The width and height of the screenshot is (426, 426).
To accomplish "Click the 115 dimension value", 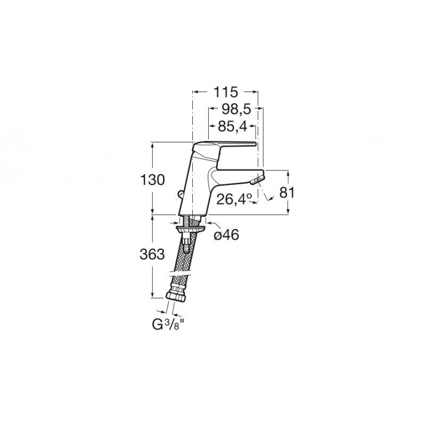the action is point(225,92).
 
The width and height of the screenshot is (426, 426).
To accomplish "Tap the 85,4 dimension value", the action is point(233,126).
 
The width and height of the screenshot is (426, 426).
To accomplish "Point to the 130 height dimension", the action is point(152,180).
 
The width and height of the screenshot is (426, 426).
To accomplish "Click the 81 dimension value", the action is point(287,193).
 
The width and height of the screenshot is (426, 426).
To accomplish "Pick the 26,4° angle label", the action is point(234,200).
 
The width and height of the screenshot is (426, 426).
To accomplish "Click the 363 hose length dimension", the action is point(152,255).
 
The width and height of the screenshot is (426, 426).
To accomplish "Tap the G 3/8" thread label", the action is point(168,325).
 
